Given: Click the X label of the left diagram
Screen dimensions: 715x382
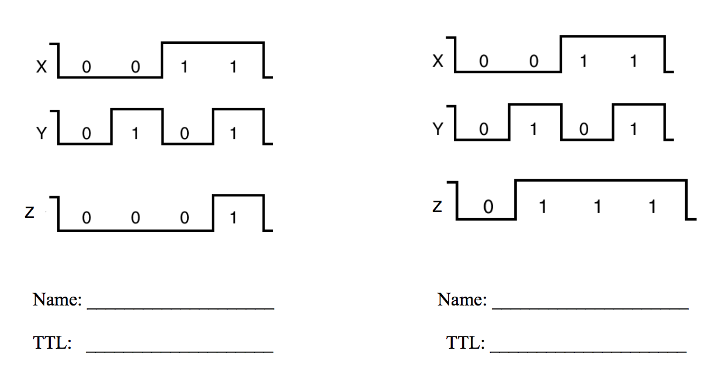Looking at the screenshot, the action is (x=41, y=67).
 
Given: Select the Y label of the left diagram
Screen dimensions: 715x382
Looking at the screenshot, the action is (x=41, y=133).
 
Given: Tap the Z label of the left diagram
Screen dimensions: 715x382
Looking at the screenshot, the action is (x=29, y=212).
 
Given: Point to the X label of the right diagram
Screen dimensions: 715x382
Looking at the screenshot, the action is (x=438, y=61).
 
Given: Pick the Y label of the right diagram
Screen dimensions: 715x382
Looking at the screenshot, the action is (x=438, y=129).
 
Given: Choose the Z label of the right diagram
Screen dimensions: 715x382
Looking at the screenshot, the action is (x=438, y=206).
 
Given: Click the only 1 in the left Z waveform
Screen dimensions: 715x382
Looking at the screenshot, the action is (x=233, y=218).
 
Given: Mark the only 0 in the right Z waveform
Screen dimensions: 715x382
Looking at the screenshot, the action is (x=488, y=207).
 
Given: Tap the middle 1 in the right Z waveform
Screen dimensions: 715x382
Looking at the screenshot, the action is (x=598, y=207).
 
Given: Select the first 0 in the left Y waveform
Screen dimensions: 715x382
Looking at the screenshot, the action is (x=86, y=133).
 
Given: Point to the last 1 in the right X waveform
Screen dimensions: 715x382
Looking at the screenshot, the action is (x=634, y=61).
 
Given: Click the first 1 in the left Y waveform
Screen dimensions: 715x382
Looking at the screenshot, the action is (x=136, y=133).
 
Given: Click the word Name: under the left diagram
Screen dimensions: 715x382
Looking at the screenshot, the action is (x=57, y=300).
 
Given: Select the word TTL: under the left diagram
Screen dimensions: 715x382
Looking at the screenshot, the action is (x=53, y=343).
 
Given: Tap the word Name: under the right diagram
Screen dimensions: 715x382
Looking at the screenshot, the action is (x=462, y=300).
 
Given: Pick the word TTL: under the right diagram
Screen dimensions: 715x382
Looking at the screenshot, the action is (x=466, y=343).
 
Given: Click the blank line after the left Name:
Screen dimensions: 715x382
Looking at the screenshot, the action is (x=181, y=308).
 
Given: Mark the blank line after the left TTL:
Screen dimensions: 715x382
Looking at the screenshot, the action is (x=180, y=352).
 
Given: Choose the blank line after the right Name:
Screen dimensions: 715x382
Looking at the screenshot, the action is (x=590, y=308).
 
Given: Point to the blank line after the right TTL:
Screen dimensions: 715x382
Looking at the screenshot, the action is (x=588, y=352).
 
